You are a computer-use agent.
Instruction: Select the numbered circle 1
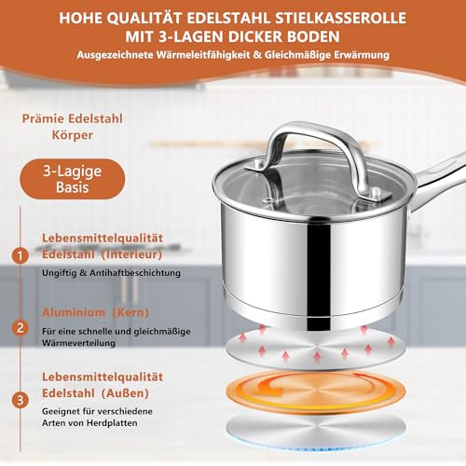click(x=19, y=254)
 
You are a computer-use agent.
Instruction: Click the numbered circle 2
click(x=19, y=327)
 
